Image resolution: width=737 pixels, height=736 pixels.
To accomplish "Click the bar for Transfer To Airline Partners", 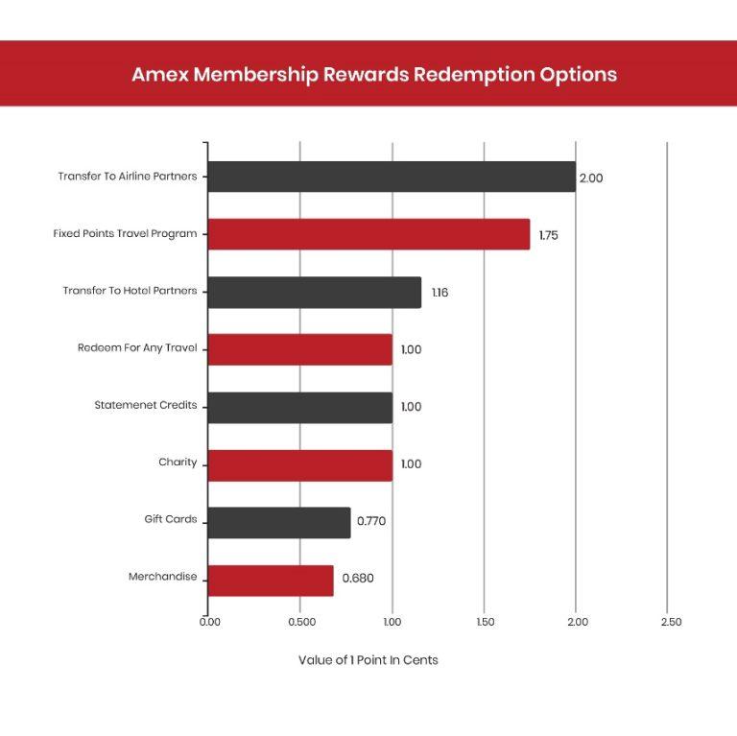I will tap(392, 177).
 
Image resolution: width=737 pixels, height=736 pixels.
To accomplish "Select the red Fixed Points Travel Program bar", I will tap(368, 234).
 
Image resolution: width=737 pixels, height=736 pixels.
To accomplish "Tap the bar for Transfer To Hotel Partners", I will tap(314, 292).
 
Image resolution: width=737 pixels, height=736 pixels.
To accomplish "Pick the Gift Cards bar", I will tap(279, 522).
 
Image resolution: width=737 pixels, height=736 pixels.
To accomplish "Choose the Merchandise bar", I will tap(271, 580).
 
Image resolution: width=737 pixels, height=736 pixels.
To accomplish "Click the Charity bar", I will tap(299, 464).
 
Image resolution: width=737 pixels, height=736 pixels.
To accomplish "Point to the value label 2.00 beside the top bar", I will tap(590, 178).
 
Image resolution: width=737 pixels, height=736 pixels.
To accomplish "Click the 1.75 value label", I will tap(548, 235).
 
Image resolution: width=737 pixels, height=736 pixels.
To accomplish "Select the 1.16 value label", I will tap(440, 293).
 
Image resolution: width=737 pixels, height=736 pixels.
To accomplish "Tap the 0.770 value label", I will tap(371, 522).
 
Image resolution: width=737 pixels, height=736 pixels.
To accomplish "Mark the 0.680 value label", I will tap(358, 579).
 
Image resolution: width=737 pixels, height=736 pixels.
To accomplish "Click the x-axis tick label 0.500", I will tap(301, 622).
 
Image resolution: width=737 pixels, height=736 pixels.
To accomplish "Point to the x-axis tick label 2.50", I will tap(671, 622).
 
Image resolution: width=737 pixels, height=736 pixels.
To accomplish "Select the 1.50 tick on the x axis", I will tap(485, 622).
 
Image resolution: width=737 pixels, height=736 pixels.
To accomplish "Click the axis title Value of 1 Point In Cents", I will tap(368, 660).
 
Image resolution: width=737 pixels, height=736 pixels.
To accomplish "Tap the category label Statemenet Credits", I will tap(145, 405).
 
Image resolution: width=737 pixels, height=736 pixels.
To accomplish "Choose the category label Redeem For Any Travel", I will tap(137, 347).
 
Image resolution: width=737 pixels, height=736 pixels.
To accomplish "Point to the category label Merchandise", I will tap(162, 577).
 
